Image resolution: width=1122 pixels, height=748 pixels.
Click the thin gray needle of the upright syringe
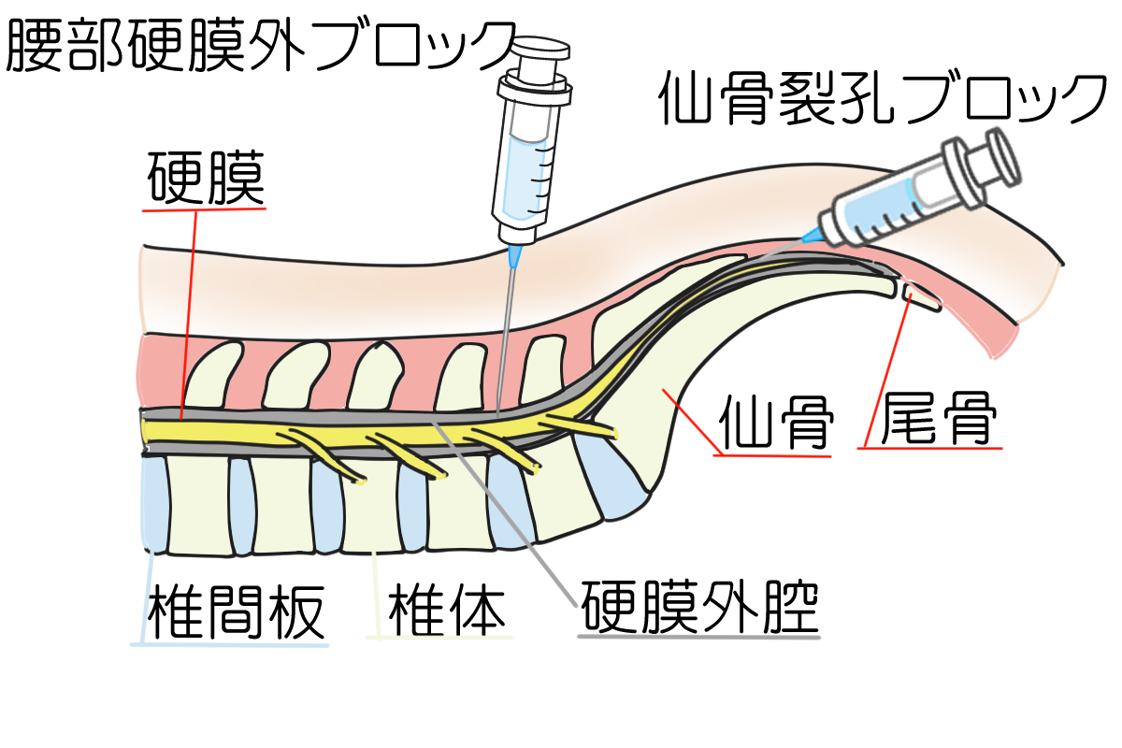[505, 337]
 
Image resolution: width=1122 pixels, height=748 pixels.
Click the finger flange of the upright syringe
[535, 91]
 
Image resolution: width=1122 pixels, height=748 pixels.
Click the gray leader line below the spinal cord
[505, 505]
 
